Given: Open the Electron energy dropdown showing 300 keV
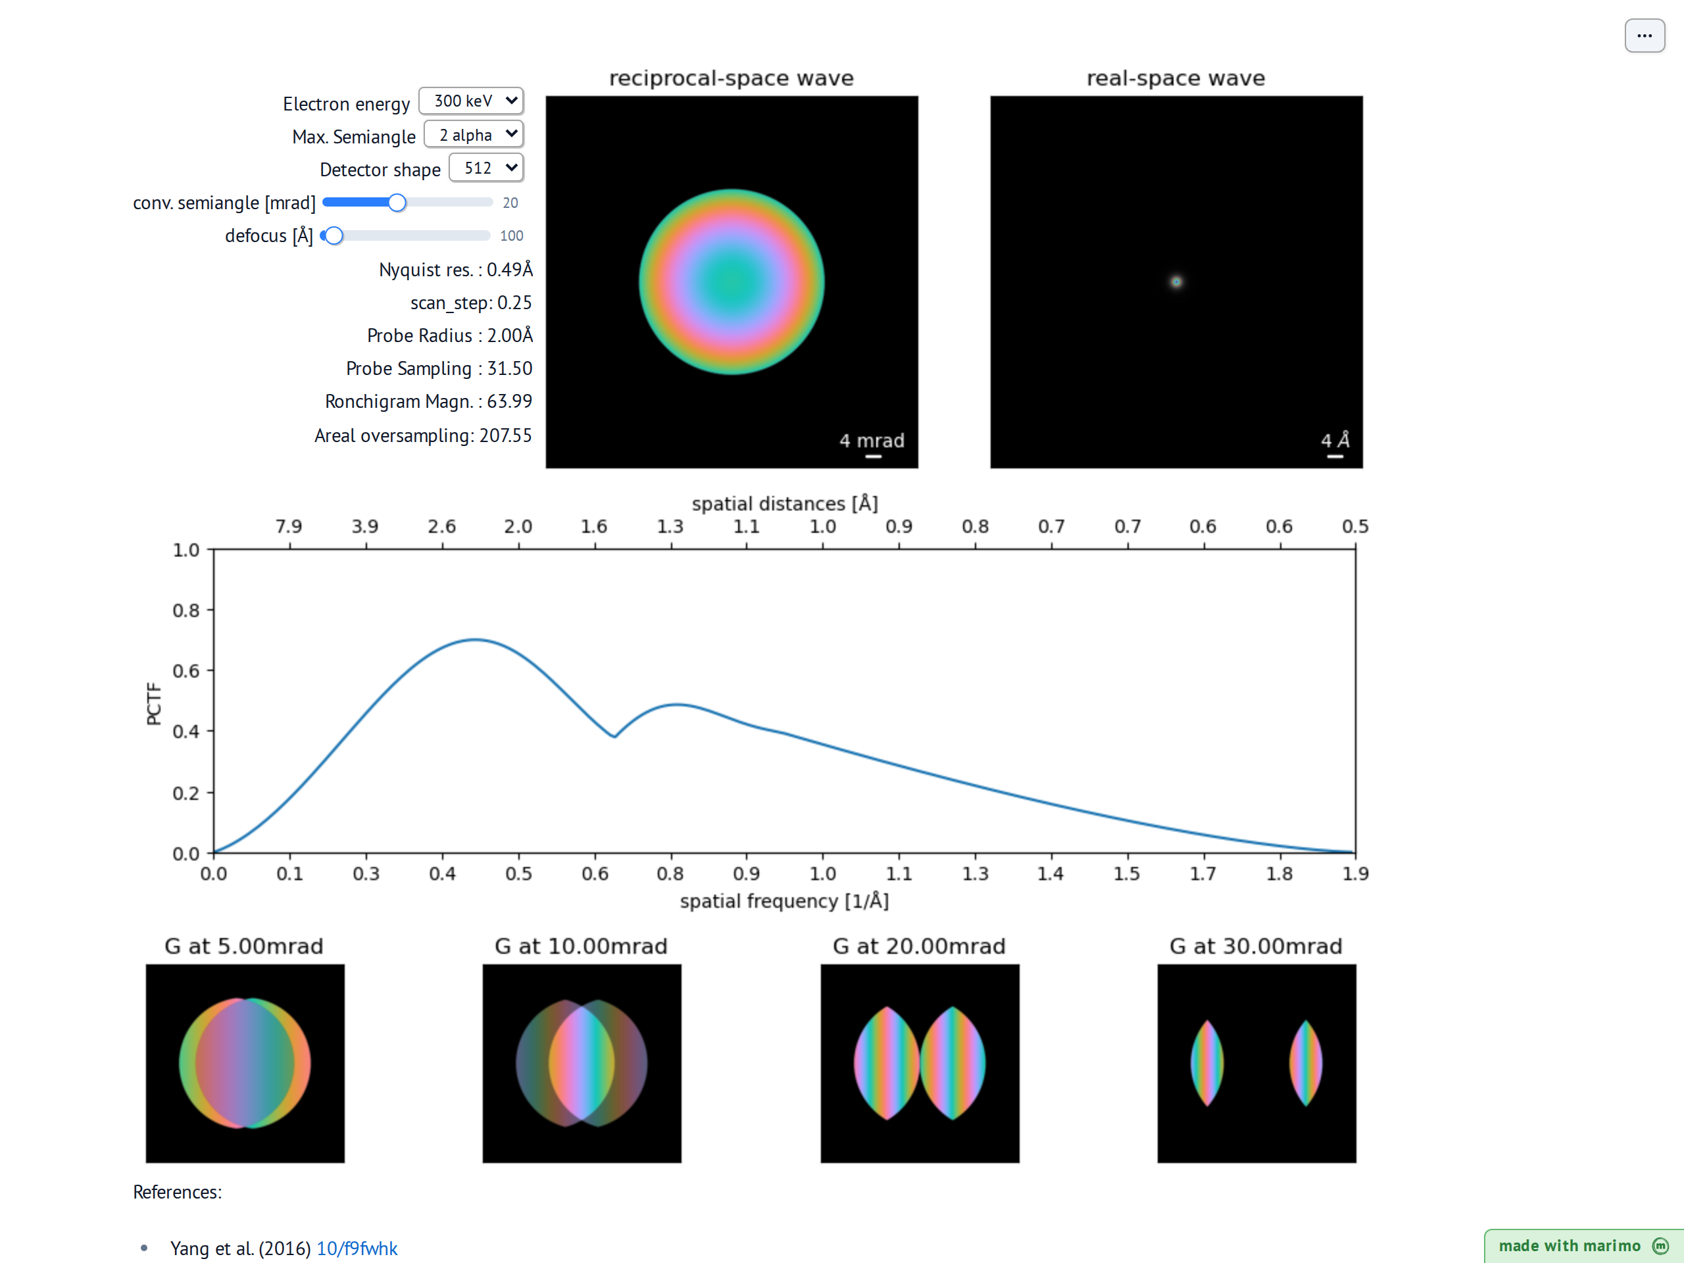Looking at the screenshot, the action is [x=470, y=101].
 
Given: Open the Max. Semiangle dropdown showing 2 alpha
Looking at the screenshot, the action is [x=474, y=135].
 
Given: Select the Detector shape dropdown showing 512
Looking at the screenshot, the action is [x=485, y=168].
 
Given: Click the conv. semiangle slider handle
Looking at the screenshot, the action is [x=397, y=203].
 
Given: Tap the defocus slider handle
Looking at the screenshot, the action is [x=334, y=236].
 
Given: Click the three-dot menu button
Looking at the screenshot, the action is [x=1645, y=36].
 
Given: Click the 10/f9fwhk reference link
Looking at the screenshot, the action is [x=357, y=1249].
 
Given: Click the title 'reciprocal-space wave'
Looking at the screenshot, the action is [x=731, y=78].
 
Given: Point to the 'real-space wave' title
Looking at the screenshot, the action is [x=1176, y=78].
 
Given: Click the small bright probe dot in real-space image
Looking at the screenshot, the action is [x=1176, y=282].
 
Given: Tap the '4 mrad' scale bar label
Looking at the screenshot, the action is [x=872, y=441].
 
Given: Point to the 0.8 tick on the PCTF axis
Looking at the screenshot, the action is [x=186, y=610].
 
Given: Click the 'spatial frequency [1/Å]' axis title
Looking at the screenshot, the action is [x=784, y=901].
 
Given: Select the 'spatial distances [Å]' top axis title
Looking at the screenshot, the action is [x=785, y=503].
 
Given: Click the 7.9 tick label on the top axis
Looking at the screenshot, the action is [x=289, y=527].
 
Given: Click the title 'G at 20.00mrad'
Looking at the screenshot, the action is [x=919, y=947].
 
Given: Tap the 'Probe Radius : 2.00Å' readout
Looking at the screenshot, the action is [x=450, y=335].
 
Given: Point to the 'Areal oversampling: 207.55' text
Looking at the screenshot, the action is [x=423, y=435].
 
